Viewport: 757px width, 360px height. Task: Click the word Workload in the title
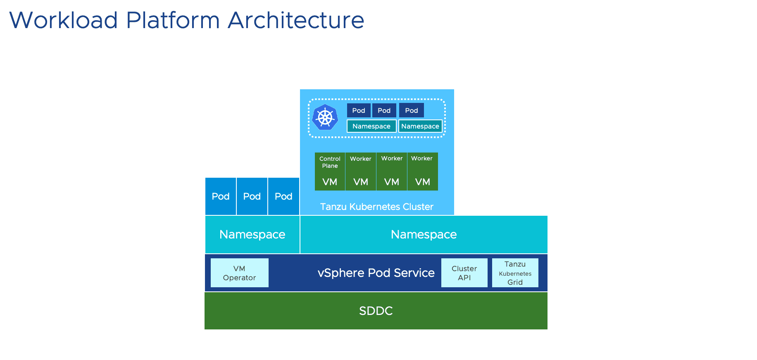click(x=64, y=20)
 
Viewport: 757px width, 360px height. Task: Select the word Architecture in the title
click(x=296, y=20)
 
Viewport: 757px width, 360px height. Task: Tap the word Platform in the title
click(x=173, y=20)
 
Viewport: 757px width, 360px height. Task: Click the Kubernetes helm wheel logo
click(x=325, y=117)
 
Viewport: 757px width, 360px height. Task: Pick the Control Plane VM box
click(x=330, y=172)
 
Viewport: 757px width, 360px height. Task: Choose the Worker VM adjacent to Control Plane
click(x=361, y=172)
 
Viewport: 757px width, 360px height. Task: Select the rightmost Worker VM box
click(x=422, y=172)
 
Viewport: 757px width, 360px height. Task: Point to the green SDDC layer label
click(x=376, y=311)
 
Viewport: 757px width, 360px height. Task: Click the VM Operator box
click(x=239, y=273)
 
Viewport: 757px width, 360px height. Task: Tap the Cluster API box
click(x=464, y=273)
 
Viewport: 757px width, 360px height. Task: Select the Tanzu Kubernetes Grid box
click(x=515, y=273)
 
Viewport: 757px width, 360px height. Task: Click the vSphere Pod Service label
click(x=376, y=273)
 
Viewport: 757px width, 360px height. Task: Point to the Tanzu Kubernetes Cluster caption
click(x=376, y=207)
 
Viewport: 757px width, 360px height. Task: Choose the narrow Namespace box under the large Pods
click(x=252, y=234)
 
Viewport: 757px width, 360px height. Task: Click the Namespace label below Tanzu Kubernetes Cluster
click(x=424, y=234)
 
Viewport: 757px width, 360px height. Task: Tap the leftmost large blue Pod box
click(x=221, y=196)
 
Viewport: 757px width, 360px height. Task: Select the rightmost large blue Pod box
click(x=283, y=196)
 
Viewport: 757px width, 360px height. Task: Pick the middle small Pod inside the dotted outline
click(x=384, y=110)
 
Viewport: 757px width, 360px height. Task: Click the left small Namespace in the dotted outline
click(x=371, y=126)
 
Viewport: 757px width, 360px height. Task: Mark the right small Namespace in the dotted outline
click(x=420, y=126)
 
